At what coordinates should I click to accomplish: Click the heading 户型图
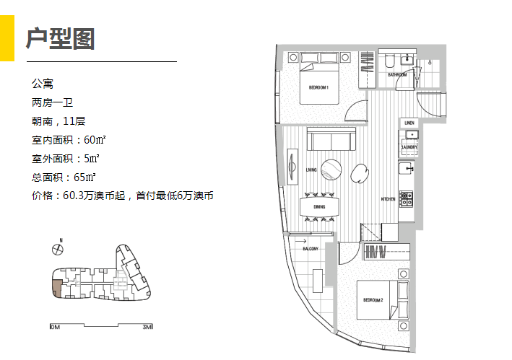click(61, 38)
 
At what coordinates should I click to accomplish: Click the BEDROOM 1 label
click(318, 87)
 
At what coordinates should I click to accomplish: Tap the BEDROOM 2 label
click(372, 299)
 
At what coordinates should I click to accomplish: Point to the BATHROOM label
click(396, 74)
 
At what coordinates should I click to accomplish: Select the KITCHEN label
click(388, 199)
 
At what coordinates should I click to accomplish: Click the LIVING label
click(311, 170)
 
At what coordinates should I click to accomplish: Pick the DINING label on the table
click(319, 207)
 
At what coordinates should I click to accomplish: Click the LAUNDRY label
click(409, 147)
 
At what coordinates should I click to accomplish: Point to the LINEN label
click(409, 123)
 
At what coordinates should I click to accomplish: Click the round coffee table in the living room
click(332, 169)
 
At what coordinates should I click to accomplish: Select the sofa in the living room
click(331, 140)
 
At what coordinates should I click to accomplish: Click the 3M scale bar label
click(147, 327)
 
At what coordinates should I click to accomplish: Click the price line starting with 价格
click(122, 196)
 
